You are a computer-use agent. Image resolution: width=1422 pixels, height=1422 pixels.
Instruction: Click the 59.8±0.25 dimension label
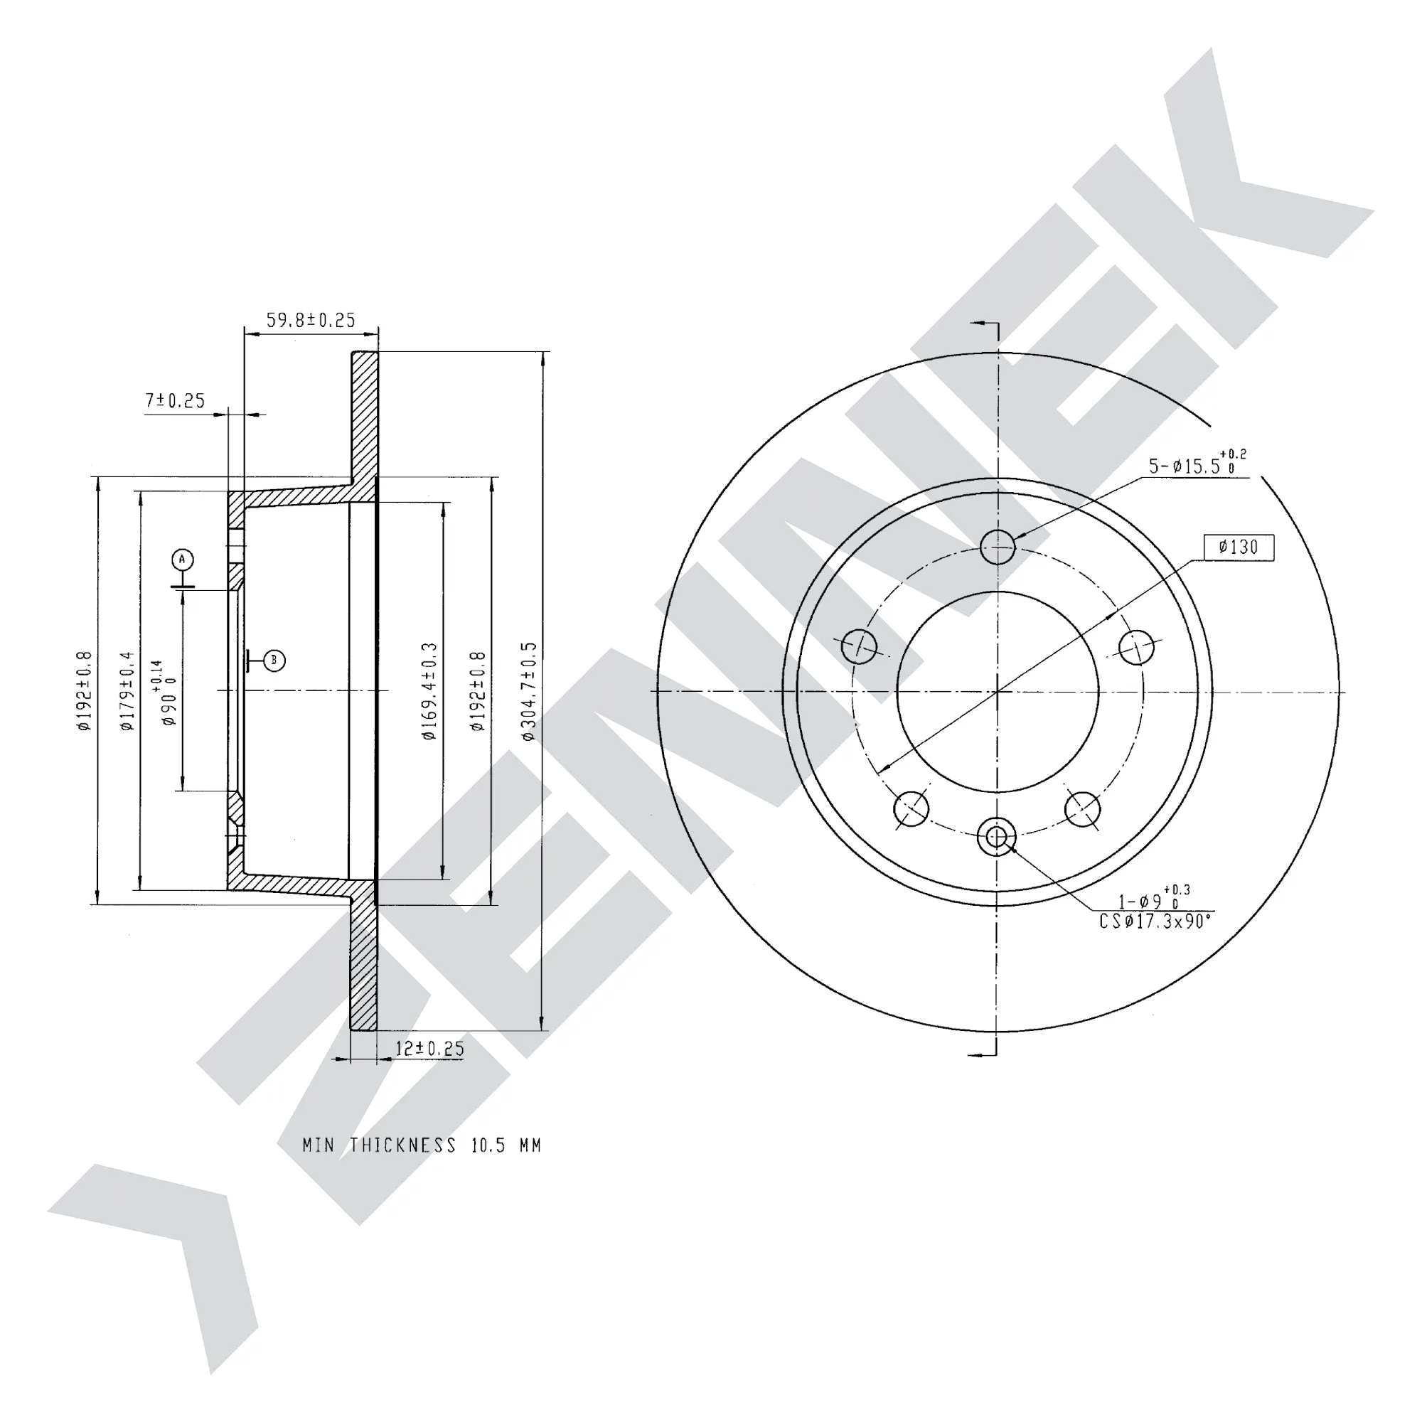point(311,320)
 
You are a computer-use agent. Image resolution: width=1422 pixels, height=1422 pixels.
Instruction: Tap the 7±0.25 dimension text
point(175,400)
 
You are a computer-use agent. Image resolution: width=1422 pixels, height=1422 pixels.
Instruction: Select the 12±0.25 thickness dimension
point(430,1049)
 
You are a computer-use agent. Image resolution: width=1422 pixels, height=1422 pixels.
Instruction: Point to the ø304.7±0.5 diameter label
point(529,691)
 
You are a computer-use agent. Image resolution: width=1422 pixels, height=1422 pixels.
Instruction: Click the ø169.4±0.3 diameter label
point(430,691)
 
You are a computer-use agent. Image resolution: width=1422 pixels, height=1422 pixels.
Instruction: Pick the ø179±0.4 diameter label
point(127,691)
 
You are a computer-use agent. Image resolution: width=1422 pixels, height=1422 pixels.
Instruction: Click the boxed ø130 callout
point(1239,547)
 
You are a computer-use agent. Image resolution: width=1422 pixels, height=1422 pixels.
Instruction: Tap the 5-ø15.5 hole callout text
point(1197,464)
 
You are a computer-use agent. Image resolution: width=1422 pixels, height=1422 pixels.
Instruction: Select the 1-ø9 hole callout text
point(1154,899)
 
